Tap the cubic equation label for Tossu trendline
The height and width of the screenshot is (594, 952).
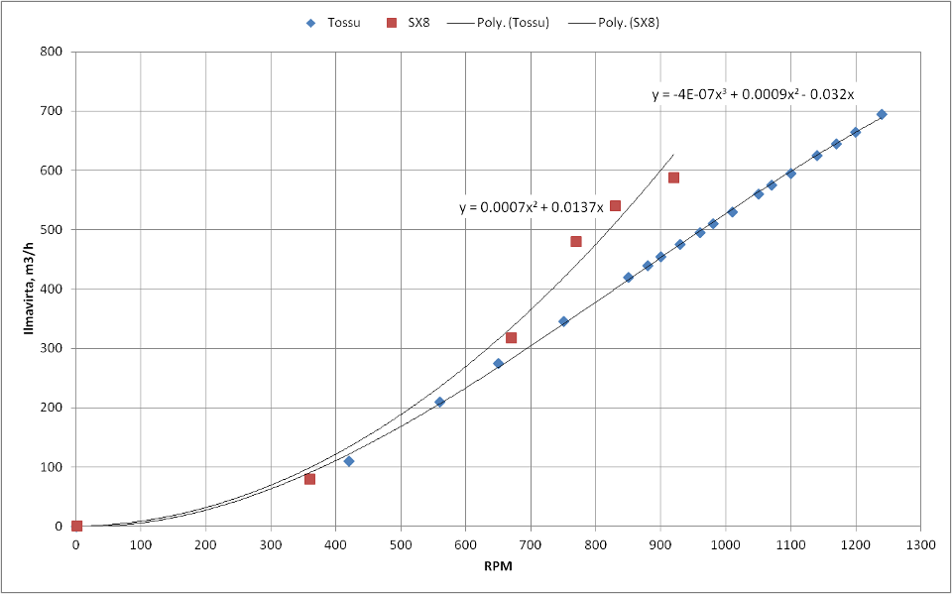coord(753,95)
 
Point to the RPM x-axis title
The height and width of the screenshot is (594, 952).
coord(498,566)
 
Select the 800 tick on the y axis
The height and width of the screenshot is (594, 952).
coord(53,52)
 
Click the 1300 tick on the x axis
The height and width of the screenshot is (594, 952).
coord(920,543)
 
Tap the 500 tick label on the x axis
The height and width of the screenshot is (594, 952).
coord(401,543)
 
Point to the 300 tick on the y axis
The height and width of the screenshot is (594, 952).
coord(53,348)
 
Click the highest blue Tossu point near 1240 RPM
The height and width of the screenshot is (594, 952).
coord(882,114)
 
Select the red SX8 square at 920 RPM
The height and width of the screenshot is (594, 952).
coord(673,178)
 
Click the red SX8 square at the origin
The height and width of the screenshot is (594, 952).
coord(76,526)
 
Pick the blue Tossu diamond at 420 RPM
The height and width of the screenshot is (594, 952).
coord(348,461)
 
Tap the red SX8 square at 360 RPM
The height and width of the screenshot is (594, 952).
coord(309,479)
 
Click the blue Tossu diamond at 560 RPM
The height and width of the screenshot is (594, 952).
coord(439,402)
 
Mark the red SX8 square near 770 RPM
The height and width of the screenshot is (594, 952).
coord(576,241)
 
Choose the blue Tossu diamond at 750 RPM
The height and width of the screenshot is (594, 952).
coord(563,321)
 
